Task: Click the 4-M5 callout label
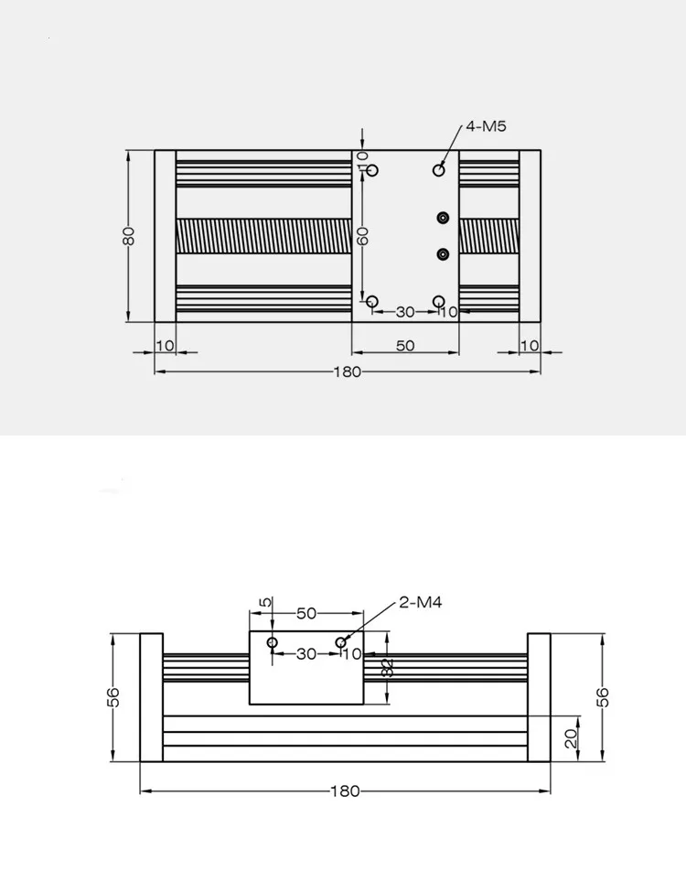click(487, 127)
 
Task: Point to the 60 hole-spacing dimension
click(363, 235)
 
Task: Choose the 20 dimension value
click(571, 737)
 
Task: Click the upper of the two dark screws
click(444, 217)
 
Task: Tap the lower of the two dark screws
click(444, 253)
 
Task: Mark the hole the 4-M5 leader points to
click(439, 170)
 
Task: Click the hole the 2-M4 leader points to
click(341, 642)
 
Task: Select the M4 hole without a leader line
click(273, 642)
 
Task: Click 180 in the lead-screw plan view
click(348, 371)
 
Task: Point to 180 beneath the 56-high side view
click(345, 791)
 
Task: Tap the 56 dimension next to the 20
click(603, 696)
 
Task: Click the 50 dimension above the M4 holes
click(305, 613)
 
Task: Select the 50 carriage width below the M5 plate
click(405, 346)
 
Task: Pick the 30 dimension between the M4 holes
click(306, 654)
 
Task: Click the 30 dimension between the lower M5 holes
click(405, 312)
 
